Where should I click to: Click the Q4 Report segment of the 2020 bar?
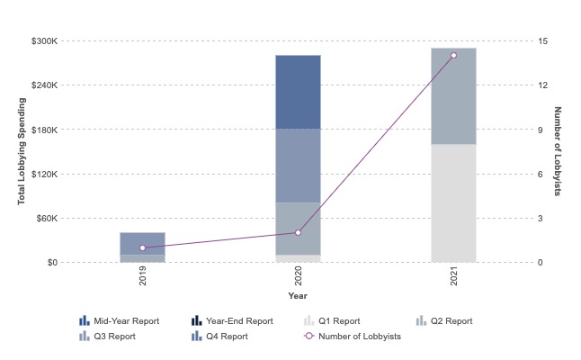pyautogui.click(x=298, y=92)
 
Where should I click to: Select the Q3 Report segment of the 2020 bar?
pyautogui.click(x=298, y=166)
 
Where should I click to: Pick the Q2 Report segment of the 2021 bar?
pyautogui.click(x=453, y=96)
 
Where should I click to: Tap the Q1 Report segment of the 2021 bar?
pyautogui.click(x=453, y=203)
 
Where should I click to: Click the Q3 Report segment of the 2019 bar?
pyautogui.click(x=142, y=243)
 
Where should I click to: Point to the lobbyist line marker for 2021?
pyautogui.click(x=453, y=56)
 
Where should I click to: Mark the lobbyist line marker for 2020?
pyautogui.click(x=298, y=233)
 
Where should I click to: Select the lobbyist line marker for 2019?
pyautogui.click(x=142, y=247)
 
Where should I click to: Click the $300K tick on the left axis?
pyautogui.click(x=44, y=41)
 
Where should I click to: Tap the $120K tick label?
pyautogui.click(x=44, y=174)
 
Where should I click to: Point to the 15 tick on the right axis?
pyautogui.click(x=543, y=41)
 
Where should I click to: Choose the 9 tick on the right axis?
pyautogui.click(x=541, y=130)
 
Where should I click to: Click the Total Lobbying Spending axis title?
pyautogui.click(x=21, y=151)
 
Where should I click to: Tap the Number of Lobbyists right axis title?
pyautogui.click(x=558, y=151)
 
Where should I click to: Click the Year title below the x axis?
pyautogui.click(x=298, y=296)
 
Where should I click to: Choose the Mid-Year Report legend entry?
pyautogui.click(x=126, y=320)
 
